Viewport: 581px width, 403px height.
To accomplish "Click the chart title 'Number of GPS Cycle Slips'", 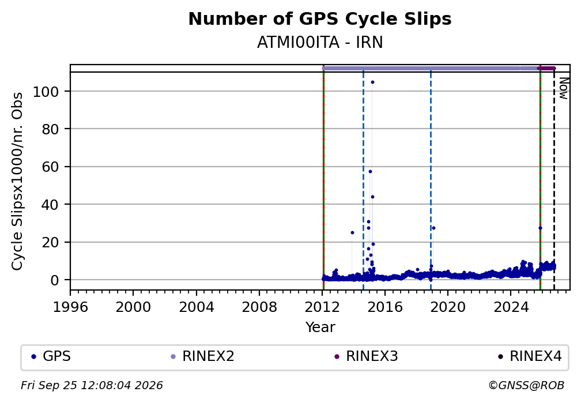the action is coord(320,19).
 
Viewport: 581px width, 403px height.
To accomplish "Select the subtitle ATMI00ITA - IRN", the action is coord(320,43).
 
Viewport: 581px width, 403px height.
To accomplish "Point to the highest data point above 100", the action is coord(372,82).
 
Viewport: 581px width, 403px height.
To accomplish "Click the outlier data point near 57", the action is coord(370,172).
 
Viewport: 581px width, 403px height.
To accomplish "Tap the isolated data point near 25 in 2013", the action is coord(352,233).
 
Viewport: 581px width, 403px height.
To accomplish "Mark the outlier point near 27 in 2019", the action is coord(433,228).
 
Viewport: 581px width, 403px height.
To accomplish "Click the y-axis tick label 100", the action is coord(46,92).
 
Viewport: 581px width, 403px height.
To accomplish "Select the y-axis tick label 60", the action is coord(50,167).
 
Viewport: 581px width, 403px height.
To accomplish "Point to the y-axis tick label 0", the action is coord(55,280).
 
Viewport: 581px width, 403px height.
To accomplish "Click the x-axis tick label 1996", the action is coord(70,307).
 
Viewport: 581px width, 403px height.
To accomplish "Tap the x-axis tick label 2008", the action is coord(259,307).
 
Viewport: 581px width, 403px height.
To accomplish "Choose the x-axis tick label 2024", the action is coord(511,307).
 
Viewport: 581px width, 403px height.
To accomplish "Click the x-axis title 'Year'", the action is coord(320,327).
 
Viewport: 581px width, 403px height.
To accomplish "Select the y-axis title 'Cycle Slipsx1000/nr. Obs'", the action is coord(17,181).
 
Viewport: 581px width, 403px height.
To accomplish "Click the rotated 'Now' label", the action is coord(563,88).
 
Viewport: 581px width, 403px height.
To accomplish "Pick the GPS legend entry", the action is coord(51,357).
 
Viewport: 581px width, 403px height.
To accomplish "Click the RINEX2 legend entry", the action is coord(203,357).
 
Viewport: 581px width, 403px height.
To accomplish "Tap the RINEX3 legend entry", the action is coord(366,357).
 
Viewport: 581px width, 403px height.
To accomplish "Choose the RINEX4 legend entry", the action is coord(530,357).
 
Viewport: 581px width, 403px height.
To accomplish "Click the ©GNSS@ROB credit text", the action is coord(526,386).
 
